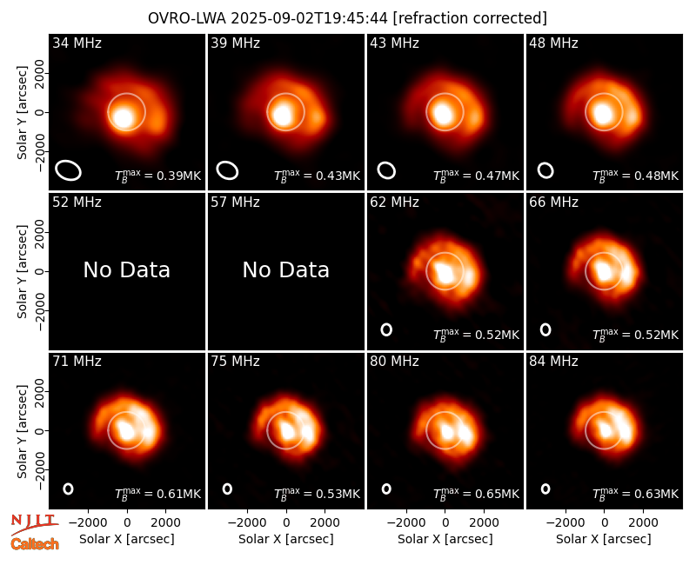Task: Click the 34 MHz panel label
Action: [77, 43]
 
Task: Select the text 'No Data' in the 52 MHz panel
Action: [126, 269]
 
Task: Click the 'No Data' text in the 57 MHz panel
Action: [286, 269]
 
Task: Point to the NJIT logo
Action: [34, 524]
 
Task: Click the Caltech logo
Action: [35, 544]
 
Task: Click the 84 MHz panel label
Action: [553, 362]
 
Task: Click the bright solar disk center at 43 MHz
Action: [443, 113]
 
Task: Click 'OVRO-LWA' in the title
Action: [187, 18]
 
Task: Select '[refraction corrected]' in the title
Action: [470, 18]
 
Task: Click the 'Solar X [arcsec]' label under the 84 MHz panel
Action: [604, 539]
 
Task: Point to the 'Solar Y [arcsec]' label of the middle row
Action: [22, 271]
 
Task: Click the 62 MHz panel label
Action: [394, 203]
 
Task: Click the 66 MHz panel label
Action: [553, 203]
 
